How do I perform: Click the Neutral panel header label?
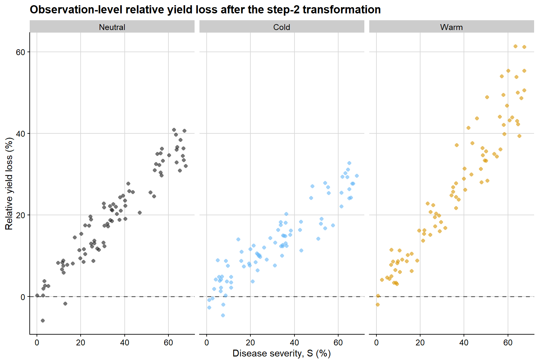(x=112, y=27)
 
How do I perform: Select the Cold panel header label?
(x=281, y=27)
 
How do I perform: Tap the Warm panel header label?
(x=451, y=27)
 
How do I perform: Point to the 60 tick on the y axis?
(x=20, y=52)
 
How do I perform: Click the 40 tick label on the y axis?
(x=20, y=134)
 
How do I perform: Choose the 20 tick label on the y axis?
(x=20, y=215)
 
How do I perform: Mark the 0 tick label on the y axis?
(x=23, y=297)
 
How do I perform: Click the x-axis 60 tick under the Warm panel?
(x=508, y=342)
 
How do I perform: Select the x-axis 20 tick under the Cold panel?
(x=250, y=342)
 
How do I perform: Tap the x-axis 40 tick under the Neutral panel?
(x=125, y=342)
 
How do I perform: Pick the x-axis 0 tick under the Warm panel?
(x=376, y=342)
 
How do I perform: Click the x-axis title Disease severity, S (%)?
(x=281, y=354)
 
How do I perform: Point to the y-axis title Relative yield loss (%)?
(x=9, y=183)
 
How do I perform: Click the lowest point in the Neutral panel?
(x=43, y=321)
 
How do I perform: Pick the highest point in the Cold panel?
(x=349, y=163)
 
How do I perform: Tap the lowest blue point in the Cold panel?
(x=223, y=315)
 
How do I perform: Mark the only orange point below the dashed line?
(x=378, y=305)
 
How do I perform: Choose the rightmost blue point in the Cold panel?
(x=357, y=176)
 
